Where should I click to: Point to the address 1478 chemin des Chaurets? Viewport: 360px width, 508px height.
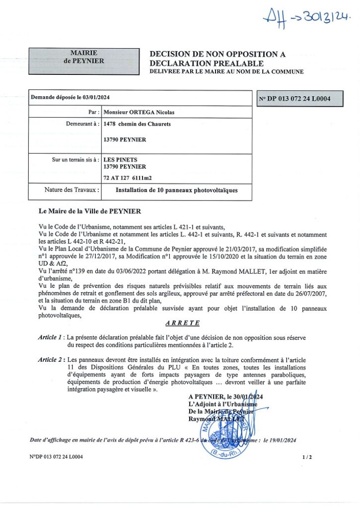(137, 124)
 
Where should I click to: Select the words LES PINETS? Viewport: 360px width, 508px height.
(120, 160)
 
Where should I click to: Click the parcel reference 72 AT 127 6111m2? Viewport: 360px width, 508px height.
(134, 177)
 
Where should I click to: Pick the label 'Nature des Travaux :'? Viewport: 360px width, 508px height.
(72, 190)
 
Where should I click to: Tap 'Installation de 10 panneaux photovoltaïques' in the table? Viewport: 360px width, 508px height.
(177, 190)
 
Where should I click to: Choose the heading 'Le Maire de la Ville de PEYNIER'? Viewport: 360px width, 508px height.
(89, 211)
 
